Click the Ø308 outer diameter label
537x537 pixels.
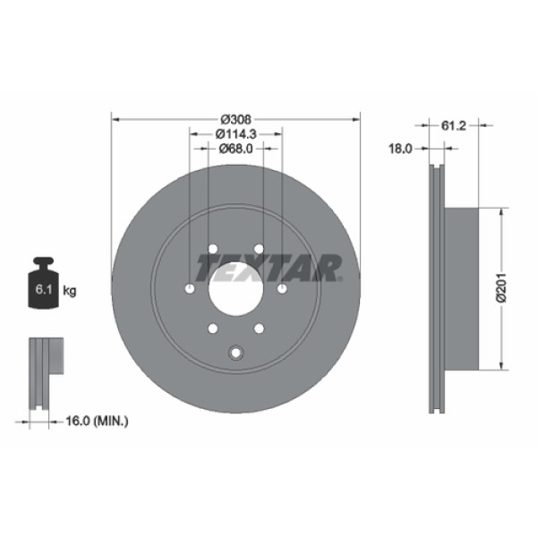point(235,118)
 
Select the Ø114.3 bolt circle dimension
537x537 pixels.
point(236,133)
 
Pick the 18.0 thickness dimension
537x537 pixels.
point(399,149)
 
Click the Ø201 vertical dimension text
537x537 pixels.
point(502,287)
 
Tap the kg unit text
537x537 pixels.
point(71,291)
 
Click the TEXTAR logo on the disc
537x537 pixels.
point(268,267)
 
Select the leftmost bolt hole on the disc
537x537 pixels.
point(189,289)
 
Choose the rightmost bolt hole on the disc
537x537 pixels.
point(282,289)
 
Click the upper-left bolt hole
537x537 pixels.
point(212,249)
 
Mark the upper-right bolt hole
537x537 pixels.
point(259,249)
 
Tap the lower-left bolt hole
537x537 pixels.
point(212,329)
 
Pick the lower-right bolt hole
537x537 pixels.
point(259,329)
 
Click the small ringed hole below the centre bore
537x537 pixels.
point(235,352)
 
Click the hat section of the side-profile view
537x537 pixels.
point(464,287)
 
